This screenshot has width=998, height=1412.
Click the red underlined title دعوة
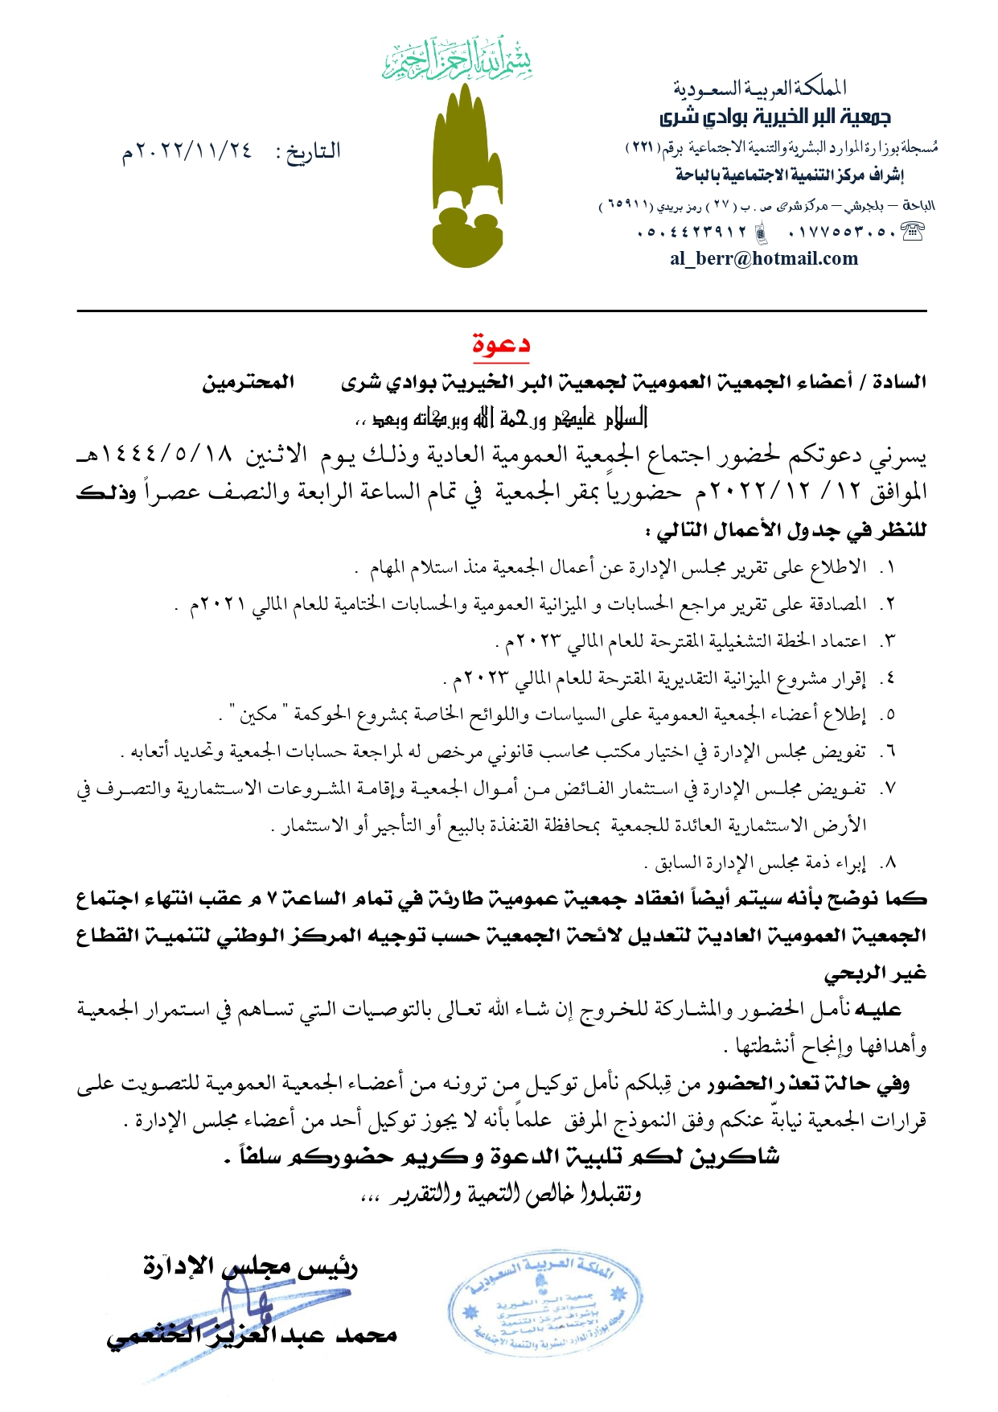500,345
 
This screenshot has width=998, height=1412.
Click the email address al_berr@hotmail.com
763,258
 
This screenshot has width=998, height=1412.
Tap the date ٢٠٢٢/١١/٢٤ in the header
187,151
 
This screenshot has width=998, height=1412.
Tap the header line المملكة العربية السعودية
759,87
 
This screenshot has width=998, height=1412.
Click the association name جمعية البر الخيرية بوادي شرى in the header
775,117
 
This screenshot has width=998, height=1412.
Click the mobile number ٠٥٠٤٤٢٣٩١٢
692,233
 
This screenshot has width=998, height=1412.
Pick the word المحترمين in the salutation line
248,381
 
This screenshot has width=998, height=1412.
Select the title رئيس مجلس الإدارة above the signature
250,1267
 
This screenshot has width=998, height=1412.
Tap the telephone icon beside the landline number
912,233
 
